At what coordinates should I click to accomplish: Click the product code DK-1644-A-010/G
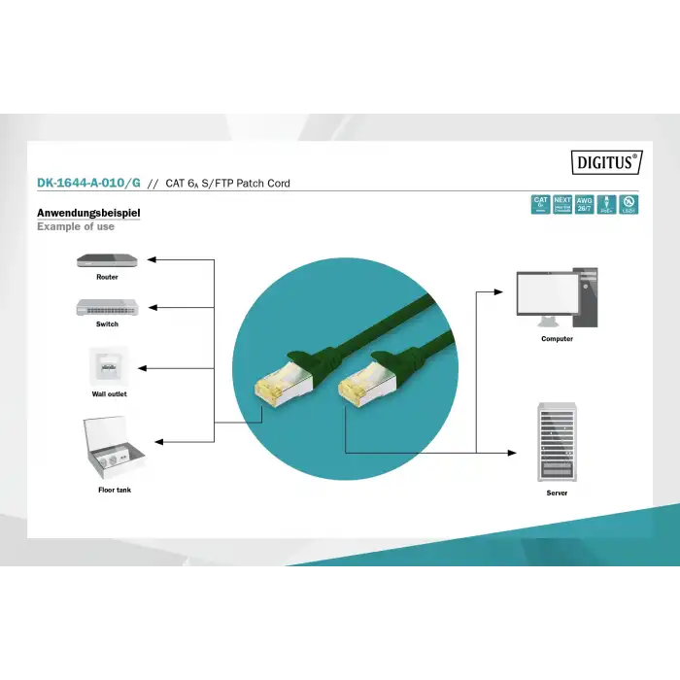[x=89, y=183]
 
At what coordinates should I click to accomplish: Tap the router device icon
[x=107, y=260]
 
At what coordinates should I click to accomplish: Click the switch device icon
[x=107, y=307]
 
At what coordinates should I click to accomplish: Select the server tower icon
[x=557, y=442]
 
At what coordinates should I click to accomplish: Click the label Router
[x=107, y=278]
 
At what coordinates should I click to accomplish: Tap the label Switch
[x=107, y=324]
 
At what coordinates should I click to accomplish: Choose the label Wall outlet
[x=109, y=394]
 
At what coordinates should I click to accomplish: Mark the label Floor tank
[x=115, y=491]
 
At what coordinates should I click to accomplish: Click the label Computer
[x=557, y=339]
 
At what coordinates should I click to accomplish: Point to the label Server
[x=557, y=493]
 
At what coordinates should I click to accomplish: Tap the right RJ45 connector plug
[x=358, y=388]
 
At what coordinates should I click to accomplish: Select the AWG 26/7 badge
[x=584, y=204]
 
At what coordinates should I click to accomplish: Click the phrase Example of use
[x=76, y=227]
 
